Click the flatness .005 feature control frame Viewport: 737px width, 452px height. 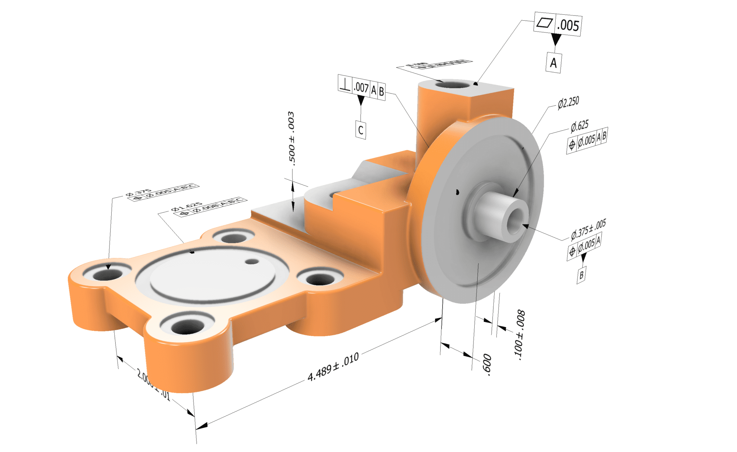pyautogui.click(x=558, y=24)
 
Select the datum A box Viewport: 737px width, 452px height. pyautogui.click(x=553, y=63)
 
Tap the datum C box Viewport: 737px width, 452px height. pyautogui.click(x=360, y=130)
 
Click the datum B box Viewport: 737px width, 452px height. pyautogui.click(x=581, y=274)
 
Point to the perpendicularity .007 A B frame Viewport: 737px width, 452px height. pyautogui.click(x=361, y=88)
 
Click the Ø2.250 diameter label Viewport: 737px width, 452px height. pyautogui.click(x=568, y=103)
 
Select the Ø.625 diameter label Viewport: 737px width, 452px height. pyautogui.click(x=579, y=126)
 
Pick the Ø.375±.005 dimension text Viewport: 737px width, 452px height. pyautogui.click(x=588, y=229)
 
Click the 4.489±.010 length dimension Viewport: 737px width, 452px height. pyautogui.click(x=333, y=367)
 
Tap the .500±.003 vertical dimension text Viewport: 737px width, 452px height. pyautogui.click(x=291, y=138)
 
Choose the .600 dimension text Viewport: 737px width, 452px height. pyautogui.click(x=487, y=365)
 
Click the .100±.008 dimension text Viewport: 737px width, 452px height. pyautogui.click(x=520, y=334)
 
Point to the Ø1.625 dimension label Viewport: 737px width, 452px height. pyautogui.click(x=186, y=207)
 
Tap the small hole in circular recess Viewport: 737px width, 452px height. pyautogui.click(x=252, y=262)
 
